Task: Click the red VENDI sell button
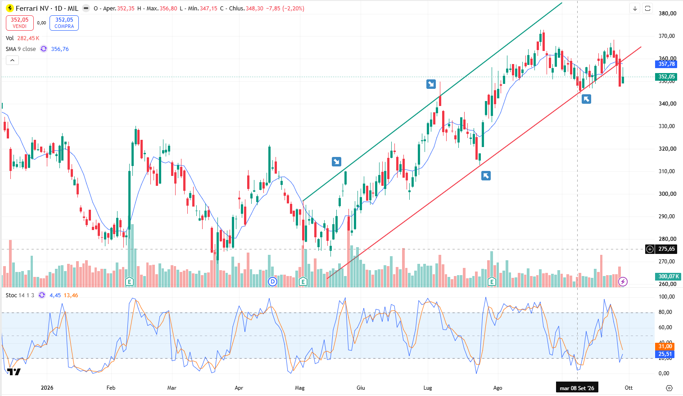(20, 23)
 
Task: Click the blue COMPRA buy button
(64, 23)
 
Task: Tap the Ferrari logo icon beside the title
(10, 8)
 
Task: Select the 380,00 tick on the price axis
(667, 14)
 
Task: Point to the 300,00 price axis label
(667, 194)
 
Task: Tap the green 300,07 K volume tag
(668, 276)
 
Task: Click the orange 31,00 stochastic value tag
(665, 346)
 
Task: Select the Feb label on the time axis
(111, 388)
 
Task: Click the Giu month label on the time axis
(361, 388)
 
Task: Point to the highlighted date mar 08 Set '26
(577, 388)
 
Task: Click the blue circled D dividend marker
(272, 282)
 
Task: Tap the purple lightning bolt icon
(623, 281)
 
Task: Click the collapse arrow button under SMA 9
(12, 60)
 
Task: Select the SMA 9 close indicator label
(21, 49)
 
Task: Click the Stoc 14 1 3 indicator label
(20, 295)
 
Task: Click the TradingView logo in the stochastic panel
(14, 372)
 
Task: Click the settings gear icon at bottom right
(669, 388)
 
